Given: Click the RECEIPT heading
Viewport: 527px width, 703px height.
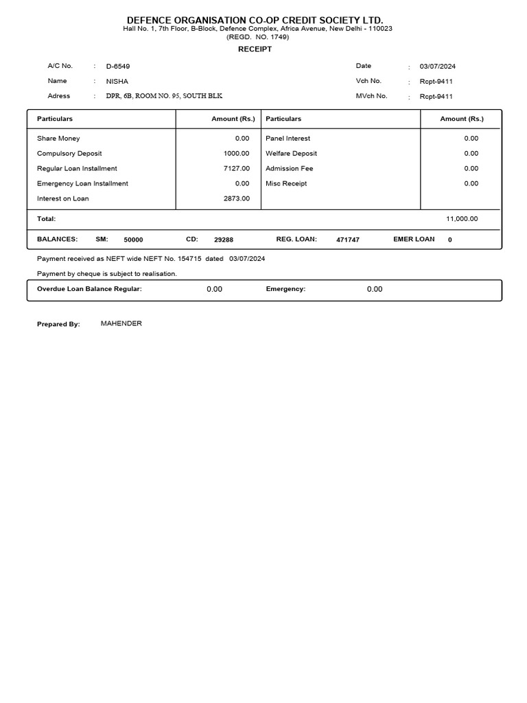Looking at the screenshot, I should coord(255,49).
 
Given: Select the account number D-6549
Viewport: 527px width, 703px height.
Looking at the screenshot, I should coord(118,67).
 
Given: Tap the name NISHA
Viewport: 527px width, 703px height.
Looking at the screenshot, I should coord(117,82).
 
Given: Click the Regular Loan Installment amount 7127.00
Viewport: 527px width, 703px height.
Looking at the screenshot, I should coord(237,168).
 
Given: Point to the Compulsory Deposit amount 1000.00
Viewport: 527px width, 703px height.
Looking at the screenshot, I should coord(237,153).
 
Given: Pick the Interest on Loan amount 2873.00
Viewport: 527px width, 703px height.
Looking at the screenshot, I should coord(237,198).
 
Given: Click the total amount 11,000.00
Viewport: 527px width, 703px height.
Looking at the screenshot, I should coord(462,219).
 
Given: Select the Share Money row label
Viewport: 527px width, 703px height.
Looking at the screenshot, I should coord(58,138).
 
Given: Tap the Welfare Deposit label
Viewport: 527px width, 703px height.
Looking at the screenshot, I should coord(291,153).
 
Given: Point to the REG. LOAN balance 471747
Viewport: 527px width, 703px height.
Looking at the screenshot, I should coord(347,240).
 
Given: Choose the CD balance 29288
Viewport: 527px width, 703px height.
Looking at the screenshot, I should coord(224,240).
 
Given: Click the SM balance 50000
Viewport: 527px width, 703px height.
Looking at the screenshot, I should coord(133,240).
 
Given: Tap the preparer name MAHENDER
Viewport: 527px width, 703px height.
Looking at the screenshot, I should coord(121,323).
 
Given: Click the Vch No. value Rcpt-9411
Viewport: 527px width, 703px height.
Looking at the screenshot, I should coord(436,82).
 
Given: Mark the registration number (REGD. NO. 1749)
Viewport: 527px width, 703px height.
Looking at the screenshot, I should coord(257,36).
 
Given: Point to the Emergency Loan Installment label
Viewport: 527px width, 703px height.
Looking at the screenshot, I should coord(82,183).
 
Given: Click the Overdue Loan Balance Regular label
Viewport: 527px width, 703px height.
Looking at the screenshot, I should coord(89,289).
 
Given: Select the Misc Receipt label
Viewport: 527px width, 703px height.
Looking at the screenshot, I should coord(286,183).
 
